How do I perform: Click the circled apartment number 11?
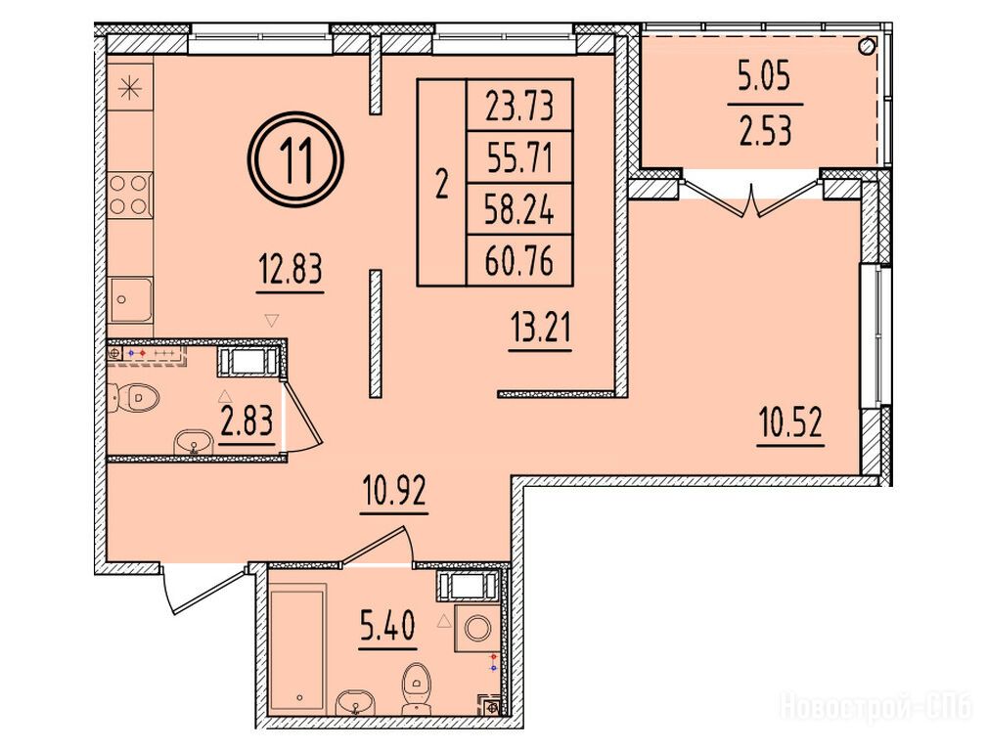point(295,160)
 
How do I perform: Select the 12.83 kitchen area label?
point(291,271)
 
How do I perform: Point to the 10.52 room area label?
point(790,423)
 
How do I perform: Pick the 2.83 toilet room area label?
point(247,421)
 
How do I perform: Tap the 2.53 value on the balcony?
point(765,131)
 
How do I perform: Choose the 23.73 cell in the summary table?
point(519,106)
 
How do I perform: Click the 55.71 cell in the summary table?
point(519,157)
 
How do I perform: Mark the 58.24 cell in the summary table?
point(519,209)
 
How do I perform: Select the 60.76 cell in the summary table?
point(519,261)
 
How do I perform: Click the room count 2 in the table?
point(442,185)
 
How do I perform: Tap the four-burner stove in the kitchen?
point(130,196)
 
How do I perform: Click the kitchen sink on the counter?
point(130,300)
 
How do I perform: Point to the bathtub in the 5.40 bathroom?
point(297,648)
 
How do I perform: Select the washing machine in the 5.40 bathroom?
point(478,628)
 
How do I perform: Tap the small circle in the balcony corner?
point(868,46)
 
